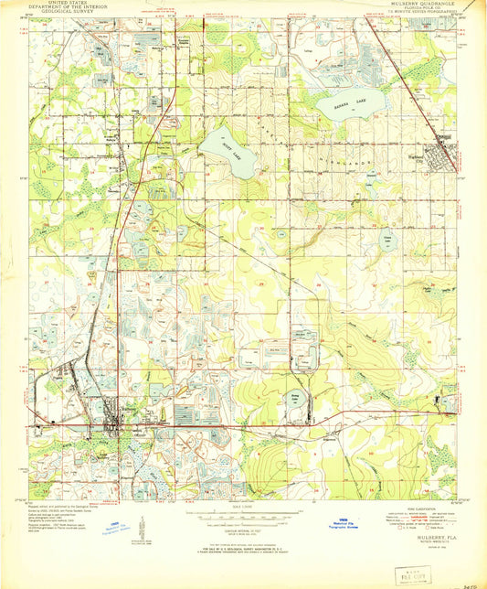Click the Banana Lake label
click(349, 105)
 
